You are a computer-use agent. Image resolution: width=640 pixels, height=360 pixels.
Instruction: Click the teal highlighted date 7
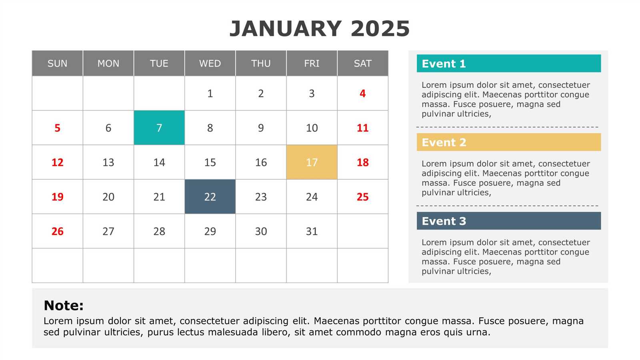(x=159, y=128)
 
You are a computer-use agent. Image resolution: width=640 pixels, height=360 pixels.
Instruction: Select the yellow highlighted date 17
(x=312, y=162)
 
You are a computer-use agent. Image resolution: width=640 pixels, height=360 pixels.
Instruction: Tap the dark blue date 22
(x=210, y=196)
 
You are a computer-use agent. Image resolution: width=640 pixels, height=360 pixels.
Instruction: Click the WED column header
(x=210, y=63)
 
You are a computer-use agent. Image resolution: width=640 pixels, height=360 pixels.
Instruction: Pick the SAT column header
(x=362, y=63)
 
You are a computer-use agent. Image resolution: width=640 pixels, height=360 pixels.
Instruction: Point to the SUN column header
(x=57, y=63)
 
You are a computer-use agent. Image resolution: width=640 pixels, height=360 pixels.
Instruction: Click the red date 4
(x=362, y=93)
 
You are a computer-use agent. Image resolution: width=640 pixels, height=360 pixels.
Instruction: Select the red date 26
(x=57, y=231)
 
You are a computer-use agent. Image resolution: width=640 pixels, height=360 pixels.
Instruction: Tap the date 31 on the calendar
(x=312, y=231)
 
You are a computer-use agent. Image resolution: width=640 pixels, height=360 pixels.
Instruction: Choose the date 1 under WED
(x=210, y=93)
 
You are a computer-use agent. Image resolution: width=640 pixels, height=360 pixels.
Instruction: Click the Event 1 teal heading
(x=444, y=64)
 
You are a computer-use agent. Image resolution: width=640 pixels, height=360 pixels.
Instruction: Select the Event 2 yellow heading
(x=444, y=142)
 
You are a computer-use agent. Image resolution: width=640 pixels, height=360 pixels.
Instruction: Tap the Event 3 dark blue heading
(x=444, y=221)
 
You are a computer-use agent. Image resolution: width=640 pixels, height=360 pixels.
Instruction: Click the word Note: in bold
(x=64, y=306)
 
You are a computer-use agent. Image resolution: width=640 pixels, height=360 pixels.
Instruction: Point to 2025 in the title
(x=380, y=29)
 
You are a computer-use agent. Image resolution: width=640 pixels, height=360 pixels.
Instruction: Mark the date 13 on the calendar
(x=108, y=162)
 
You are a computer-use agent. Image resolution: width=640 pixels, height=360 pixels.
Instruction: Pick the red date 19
(x=57, y=196)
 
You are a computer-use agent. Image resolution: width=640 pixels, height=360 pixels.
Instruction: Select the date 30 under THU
(x=261, y=231)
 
